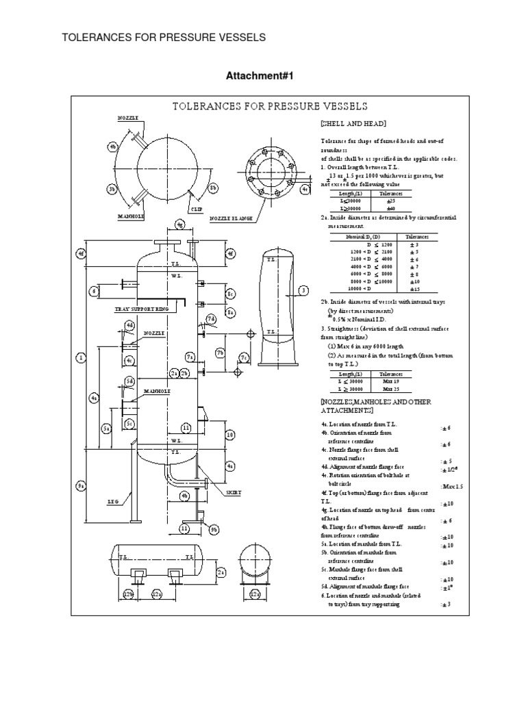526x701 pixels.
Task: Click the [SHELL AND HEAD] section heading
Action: point(353,123)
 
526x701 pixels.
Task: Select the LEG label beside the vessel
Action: point(113,501)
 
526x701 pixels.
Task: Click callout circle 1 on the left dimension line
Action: point(81,357)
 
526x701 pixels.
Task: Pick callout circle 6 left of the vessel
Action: point(95,291)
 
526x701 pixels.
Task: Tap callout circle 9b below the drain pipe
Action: point(214,529)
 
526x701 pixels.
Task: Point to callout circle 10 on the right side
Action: point(230,434)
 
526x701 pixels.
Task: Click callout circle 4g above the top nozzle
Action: point(179,224)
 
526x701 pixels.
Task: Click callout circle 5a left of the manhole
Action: point(107,428)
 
